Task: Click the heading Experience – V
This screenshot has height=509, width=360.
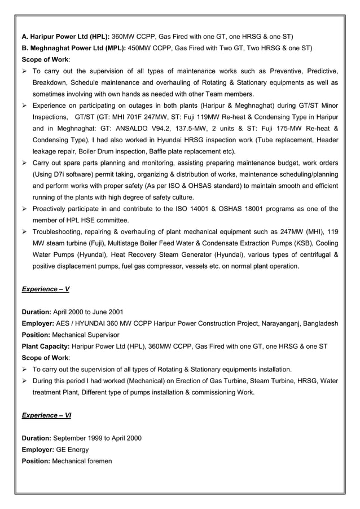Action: [45, 289]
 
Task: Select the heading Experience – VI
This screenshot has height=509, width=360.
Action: [46, 415]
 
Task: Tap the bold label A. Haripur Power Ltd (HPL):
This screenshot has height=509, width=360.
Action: [65, 37]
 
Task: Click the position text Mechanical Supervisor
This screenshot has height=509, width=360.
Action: [84, 335]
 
